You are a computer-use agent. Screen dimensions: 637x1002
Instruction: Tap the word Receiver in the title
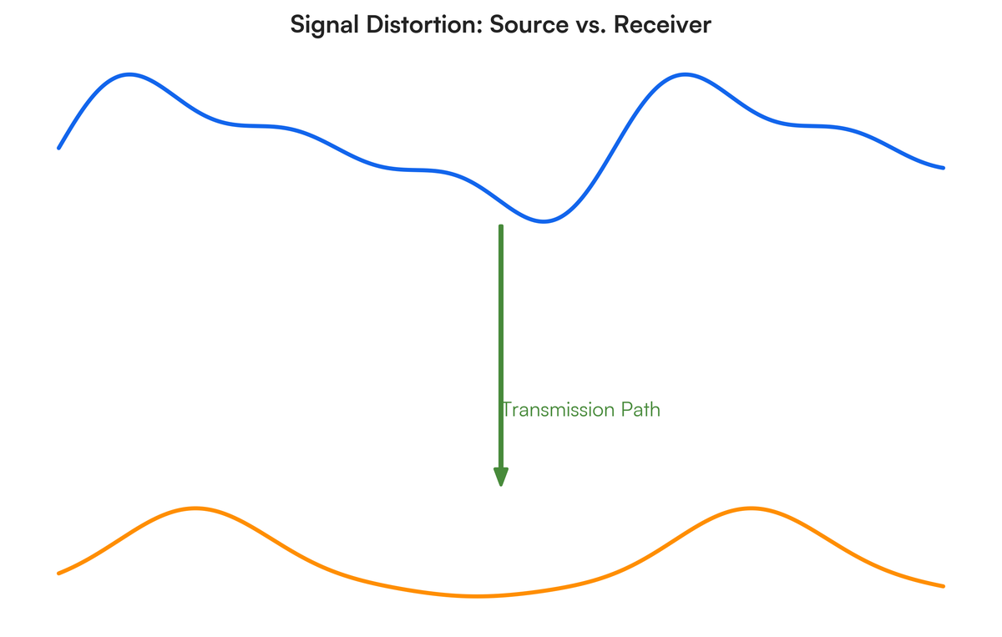[x=662, y=25]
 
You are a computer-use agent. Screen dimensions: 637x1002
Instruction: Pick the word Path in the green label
[x=638, y=410]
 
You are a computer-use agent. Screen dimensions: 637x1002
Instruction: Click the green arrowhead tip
[x=501, y=484]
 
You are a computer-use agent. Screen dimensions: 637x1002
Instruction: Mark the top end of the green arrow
[x=501, y=226]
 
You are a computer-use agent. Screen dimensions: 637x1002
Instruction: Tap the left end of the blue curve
[x=58, y=148]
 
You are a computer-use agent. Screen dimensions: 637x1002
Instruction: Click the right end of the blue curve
[x=944, y=168]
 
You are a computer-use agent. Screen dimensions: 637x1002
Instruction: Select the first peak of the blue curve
[x=129, y=74]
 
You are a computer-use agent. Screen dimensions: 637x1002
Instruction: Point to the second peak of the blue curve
[x=685, y=74]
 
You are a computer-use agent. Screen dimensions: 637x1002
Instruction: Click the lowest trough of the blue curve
[x=544, y=221]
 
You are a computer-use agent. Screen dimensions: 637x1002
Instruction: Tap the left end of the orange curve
[x=58, y=574]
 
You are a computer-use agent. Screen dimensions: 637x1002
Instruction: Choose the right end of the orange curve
[x=944, y=586]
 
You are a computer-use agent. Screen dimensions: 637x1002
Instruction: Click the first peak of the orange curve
[x=195, y=508]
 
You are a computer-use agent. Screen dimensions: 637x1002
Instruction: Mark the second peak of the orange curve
[x=751, y=508]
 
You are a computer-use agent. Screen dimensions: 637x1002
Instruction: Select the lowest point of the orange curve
[x=477, y=596]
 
